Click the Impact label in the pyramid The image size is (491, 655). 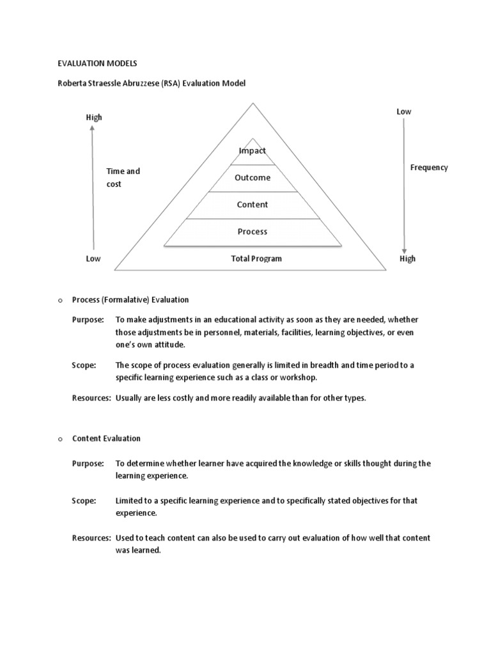tap(252, 151)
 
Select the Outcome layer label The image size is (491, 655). tap(252, 178)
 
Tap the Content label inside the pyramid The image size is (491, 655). tap(252, 205)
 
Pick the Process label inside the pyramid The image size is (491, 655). tap(252, 232)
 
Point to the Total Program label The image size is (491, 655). tap(256, 259)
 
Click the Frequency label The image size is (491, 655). tap(428, 168)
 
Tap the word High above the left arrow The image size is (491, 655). tap(94, 117)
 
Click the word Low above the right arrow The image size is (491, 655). tap(403, 111)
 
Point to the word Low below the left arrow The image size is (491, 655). tap(93, 259)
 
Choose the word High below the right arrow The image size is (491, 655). tap(407, 259)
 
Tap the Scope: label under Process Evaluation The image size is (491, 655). tap(84, 365)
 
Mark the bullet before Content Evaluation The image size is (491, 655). tap(58, 439)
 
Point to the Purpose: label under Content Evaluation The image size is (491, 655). tap(87, 464)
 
